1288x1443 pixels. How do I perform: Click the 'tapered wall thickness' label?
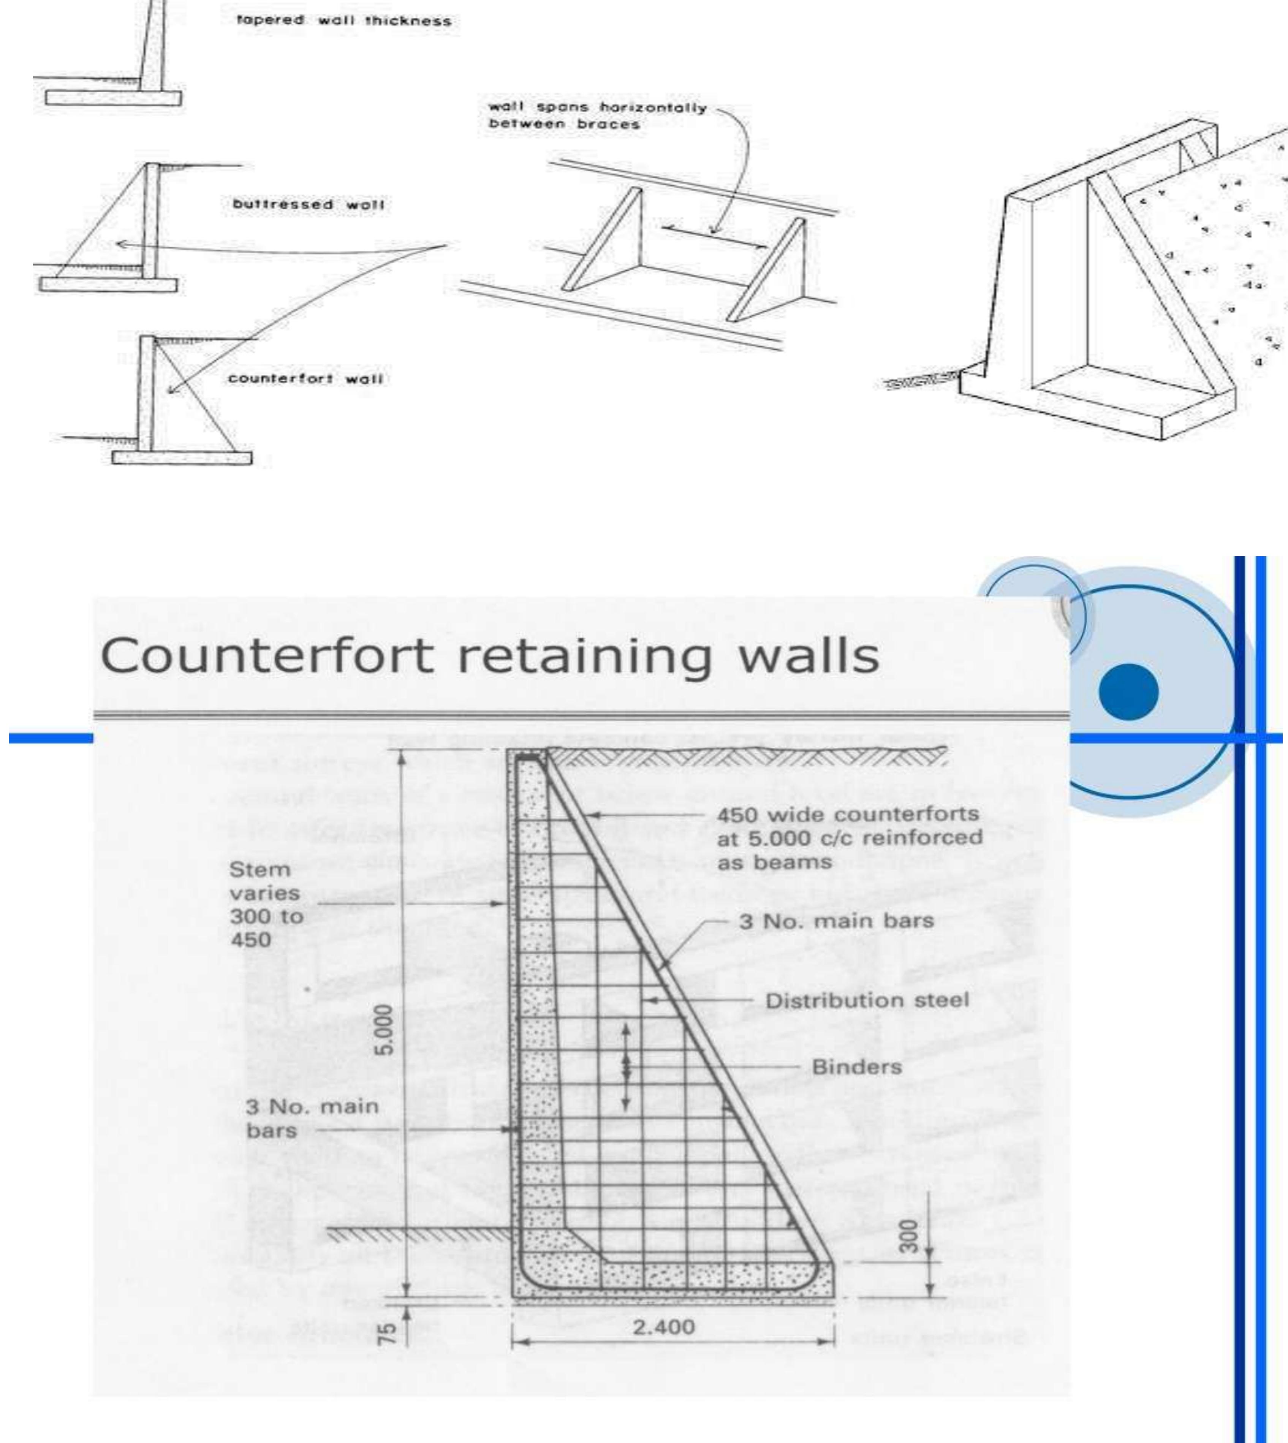tap(343, 21)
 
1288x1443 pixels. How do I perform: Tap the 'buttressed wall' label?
tap(309, 204)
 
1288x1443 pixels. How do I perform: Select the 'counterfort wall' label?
tap(305, 379)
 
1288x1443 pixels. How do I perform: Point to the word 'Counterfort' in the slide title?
tap(267, 656)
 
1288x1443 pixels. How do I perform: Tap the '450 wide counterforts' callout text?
tap(848, 815)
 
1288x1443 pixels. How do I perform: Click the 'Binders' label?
tap(856, 1066)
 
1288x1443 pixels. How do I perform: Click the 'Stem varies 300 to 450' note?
tap(265, 905)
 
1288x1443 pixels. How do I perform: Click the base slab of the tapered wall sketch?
tap(113, 98)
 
